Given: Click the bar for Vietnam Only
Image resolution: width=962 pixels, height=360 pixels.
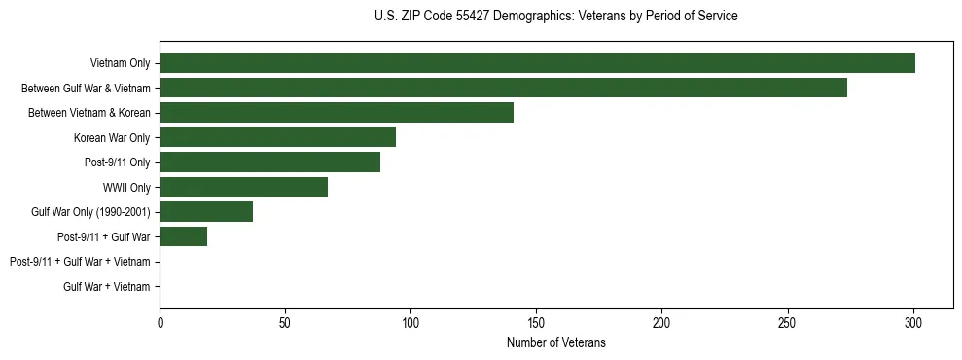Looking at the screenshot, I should [x=537, y=63].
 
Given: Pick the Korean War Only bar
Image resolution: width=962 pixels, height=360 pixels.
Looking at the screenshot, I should [x=277, y=137].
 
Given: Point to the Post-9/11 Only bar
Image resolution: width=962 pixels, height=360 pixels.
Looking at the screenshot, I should [x=269, y=162].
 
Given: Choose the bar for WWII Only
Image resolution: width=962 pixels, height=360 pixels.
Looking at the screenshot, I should [x=243, y=187].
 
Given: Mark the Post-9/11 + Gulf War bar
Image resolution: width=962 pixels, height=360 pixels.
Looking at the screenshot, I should [x=183, y=236].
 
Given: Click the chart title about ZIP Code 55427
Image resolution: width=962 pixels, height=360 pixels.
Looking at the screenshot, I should [x=555, y=17].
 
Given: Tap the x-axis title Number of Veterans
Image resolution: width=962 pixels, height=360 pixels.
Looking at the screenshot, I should [x=555, y=342].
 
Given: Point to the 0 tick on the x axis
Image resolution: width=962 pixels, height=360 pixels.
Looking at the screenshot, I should [x=160, y=321].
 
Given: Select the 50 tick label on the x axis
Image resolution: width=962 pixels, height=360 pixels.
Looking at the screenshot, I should [x=285, y=321].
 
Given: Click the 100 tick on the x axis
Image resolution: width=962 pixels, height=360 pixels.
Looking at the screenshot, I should [x=410, y=321].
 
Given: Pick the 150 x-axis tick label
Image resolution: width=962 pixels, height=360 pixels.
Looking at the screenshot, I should [x=536, y=321].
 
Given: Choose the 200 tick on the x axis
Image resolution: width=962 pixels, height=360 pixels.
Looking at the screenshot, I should [x=661, y=321].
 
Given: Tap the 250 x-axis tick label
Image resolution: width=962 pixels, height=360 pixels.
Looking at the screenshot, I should [x=787, y=321].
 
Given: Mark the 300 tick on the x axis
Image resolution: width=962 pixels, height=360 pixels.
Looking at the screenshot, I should [x=912, y=321].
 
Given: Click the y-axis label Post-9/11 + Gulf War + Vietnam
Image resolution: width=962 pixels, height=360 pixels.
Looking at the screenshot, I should [x=80, y=262].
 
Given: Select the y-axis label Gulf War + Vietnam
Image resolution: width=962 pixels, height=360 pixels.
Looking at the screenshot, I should [x=107, y=286].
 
